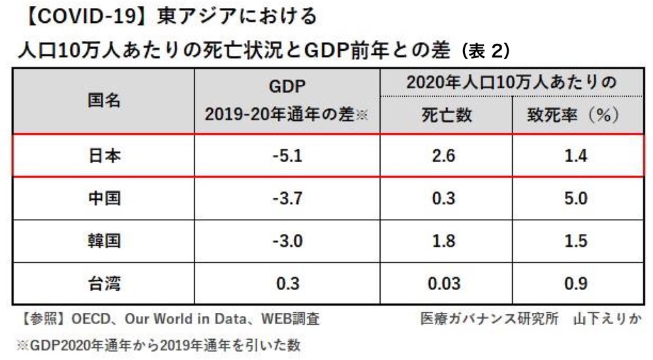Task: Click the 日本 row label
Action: [104, 156]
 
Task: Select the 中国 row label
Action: [104, 199]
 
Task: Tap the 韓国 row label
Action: [104, 241]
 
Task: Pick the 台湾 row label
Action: [104, 284]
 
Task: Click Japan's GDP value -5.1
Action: [287, 156]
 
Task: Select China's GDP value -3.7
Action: [287, 199]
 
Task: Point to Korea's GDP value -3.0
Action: [287, 241]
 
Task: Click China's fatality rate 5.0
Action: [574, 199]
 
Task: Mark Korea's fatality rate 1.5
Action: [574, 241]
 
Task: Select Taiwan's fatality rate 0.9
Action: [574, 284]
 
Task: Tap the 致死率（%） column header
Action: [573, 116]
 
